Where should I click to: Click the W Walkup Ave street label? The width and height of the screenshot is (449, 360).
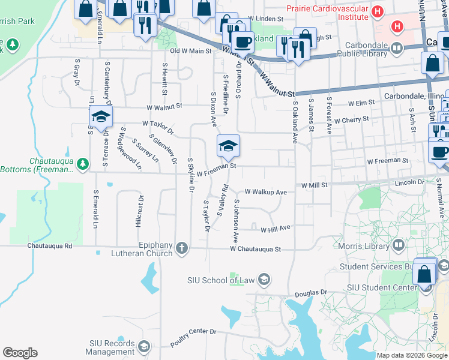click(265, 192)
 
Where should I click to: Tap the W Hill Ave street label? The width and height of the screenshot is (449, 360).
click(276, 228)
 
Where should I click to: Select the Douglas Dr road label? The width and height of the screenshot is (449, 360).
click(312, 293)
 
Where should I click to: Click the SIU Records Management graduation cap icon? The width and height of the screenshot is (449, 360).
click(143, 346)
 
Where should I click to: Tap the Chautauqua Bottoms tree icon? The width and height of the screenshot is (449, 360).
click(85, 163)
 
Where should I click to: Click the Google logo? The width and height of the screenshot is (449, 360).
click(20, 353)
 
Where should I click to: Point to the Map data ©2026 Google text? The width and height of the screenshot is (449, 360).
click(412, 355)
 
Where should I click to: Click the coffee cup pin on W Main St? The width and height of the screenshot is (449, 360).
click(243, 43)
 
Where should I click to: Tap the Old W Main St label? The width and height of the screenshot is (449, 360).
click(191, 52)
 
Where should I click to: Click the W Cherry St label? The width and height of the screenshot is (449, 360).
click(352, 120)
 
